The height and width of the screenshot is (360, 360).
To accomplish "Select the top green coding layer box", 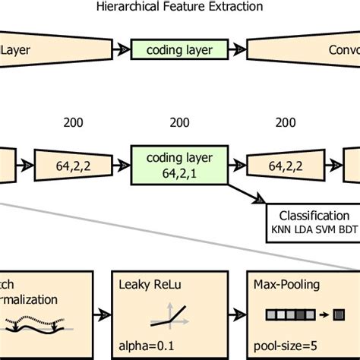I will [x=180, y=50].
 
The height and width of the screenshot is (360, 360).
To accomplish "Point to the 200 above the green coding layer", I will [x=180, y=122].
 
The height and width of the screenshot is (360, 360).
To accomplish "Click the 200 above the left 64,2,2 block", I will [x=74, y=122].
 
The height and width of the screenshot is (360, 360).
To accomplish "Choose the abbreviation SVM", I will [x=324, y=228].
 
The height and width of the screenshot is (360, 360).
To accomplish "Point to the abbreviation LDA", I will [x=304, y=228].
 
